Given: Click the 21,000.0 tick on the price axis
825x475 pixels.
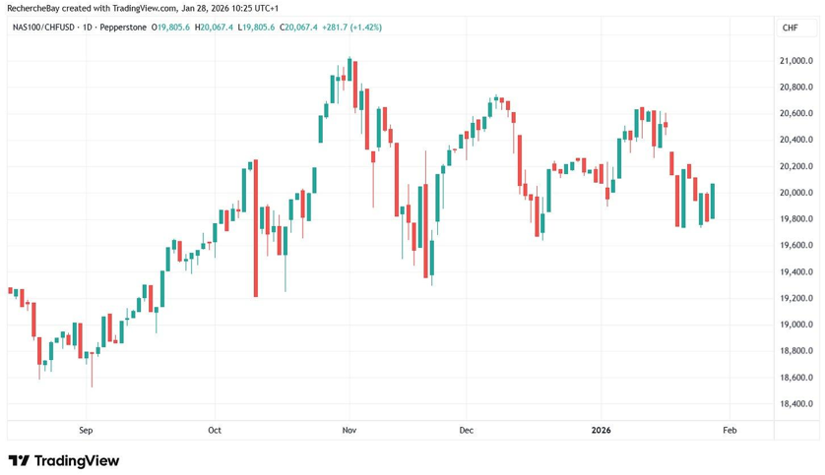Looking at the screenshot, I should (x=794, y=61).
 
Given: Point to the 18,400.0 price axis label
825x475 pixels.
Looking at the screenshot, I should (x=794, y=404).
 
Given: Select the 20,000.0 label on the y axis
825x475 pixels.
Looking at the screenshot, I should (x=794, y=193).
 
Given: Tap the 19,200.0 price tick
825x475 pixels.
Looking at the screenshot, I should (x=794, y=299).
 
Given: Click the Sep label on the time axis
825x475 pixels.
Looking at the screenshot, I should (x=86, y=430).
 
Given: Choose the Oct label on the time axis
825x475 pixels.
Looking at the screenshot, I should (x=216, y=430).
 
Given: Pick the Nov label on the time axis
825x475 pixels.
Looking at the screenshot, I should (x=349, y=430).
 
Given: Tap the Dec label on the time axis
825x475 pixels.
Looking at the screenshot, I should (x=466, y=430).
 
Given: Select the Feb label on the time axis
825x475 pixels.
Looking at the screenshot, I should (x=730, y=430).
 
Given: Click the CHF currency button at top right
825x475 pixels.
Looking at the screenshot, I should (x=790, y=28).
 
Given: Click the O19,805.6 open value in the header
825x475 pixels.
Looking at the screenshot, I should (x=170, y=28).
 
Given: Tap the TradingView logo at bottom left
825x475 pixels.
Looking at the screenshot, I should (x=63, y=460).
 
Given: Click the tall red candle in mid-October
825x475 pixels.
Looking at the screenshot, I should (x=255, y=228).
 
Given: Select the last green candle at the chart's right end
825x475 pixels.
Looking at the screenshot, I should (x=712, y=202).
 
